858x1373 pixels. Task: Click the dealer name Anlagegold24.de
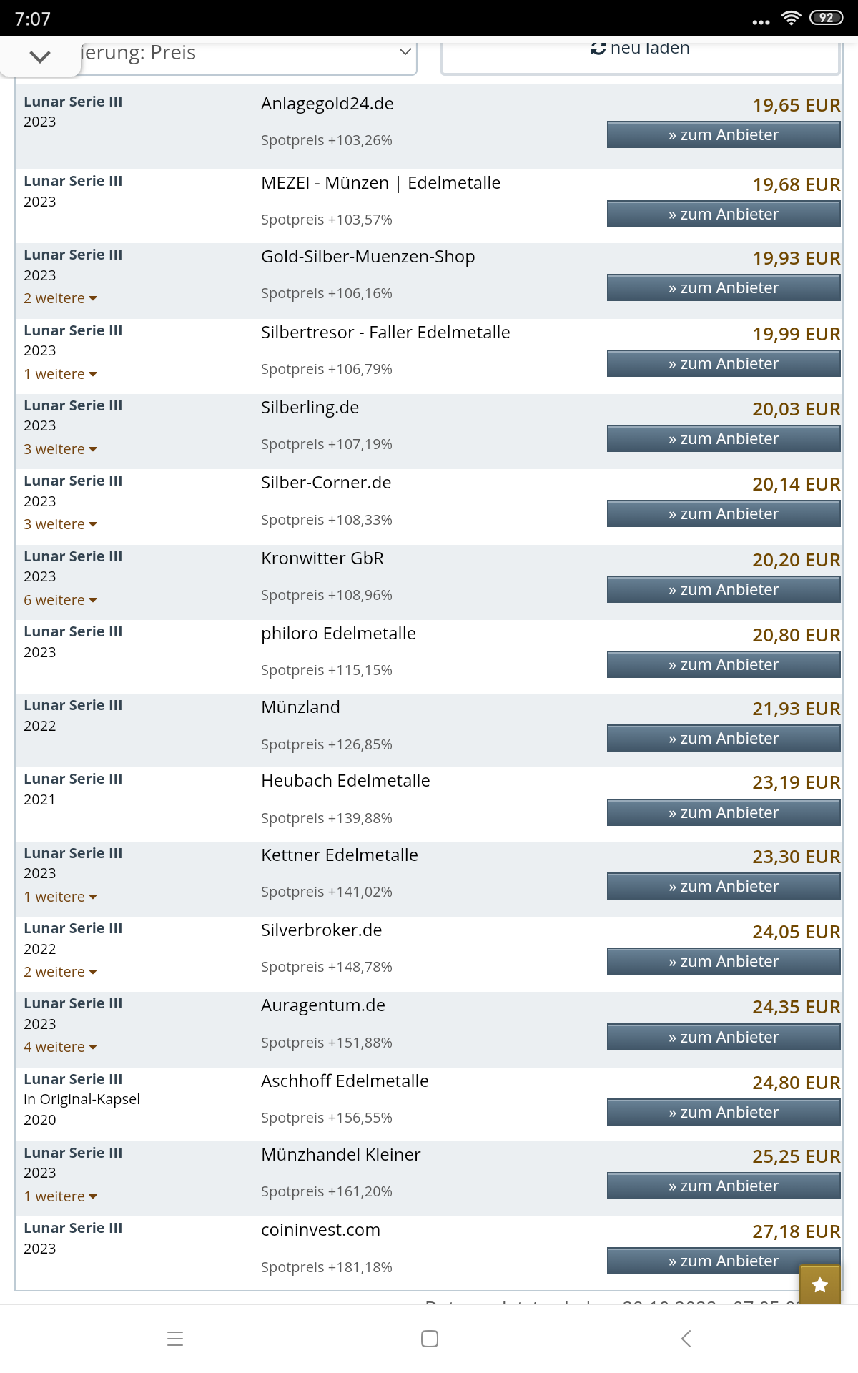(327, 104)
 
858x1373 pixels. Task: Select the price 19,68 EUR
(796, 184)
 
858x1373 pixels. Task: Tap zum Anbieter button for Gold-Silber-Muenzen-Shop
(723, 288)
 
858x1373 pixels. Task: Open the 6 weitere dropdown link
(60, 600)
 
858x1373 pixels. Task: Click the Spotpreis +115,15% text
(326, 670)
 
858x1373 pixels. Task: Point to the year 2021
(39, 799)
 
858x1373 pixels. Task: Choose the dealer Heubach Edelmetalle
(345, 781)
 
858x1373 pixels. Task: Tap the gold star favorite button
(819, 1285)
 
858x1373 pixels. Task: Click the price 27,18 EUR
(796, 1231)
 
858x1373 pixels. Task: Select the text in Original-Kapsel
(82, 1099)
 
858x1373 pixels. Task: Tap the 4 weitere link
(60, 1047)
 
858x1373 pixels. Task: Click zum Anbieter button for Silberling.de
(723, 439)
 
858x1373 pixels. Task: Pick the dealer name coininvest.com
(320, 1230)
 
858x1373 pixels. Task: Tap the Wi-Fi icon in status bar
(790, 18)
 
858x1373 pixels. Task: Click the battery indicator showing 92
(826, 18)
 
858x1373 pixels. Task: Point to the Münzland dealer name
(300, 707)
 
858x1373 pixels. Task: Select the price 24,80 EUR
(796, 1083)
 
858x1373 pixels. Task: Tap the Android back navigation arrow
(686, 1339)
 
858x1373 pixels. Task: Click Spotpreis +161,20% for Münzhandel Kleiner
(326, 1191)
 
